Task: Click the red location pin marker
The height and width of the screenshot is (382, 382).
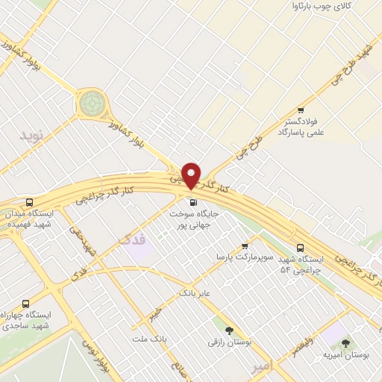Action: (x=191, y=175)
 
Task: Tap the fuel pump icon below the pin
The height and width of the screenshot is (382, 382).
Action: (x=193, y=201)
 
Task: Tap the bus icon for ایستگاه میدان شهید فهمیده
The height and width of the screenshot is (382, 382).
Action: (x=29, y=202)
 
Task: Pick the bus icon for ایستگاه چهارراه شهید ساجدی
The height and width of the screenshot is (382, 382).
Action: (x=26, y=304)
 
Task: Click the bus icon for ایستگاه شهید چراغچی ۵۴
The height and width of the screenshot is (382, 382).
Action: (x=300, y=248)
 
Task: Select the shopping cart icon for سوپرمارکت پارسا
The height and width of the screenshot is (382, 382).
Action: (x=245, y=245)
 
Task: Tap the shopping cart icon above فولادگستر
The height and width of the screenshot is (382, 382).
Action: (x=301, y=110)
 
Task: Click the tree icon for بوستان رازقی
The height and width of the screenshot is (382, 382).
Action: (x=229, y=330)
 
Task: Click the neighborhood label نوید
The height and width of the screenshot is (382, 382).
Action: (x=33, y=137)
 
